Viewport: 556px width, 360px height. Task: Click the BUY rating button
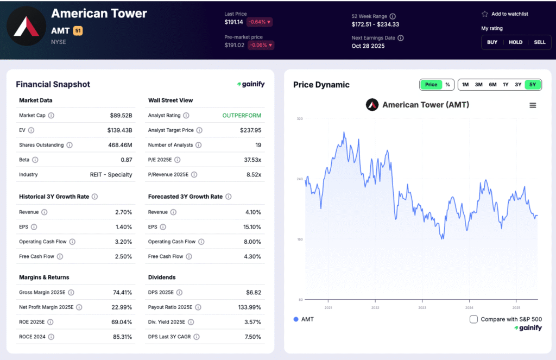492,42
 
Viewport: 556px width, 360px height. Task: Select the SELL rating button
525,42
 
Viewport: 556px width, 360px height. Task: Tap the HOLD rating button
515,42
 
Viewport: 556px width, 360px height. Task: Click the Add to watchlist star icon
485,14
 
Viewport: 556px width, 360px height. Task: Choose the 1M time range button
465,85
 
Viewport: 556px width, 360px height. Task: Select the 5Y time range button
533,85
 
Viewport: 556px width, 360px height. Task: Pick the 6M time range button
492,85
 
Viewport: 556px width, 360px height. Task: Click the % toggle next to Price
447,85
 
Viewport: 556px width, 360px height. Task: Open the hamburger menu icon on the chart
533,105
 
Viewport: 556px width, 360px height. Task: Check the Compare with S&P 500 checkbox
473,319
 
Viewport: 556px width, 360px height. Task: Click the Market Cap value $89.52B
121,116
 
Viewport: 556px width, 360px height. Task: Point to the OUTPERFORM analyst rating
242,116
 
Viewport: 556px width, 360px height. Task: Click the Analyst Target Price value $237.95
250,130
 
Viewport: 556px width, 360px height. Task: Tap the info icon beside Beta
35,160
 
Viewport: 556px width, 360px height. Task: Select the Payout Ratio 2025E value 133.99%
248,307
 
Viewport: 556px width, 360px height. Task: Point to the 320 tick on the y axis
299,118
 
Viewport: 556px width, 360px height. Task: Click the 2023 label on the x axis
422,307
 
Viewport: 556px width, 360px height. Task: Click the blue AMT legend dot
296,319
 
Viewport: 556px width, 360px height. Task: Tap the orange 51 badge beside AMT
78,31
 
